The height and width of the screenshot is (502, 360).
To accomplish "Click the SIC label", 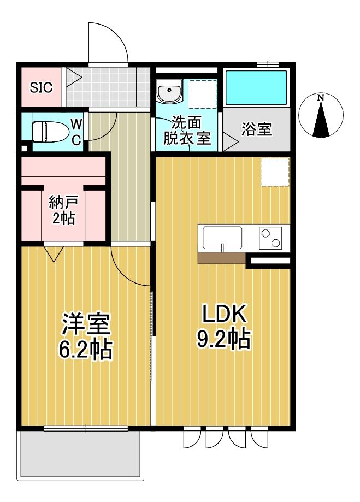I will [x=41, y=87].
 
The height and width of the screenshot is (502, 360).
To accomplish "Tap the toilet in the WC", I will [x=48, y=132].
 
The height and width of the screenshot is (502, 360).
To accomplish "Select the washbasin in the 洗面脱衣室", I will [x=168, y=92].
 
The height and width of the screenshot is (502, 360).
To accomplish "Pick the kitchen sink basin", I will [x=223, y=238].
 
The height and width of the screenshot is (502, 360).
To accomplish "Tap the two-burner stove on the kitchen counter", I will [x=270, y=238].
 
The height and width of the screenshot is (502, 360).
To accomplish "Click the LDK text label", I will [x=225, y=315].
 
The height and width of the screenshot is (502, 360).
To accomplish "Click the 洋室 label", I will [x=86, y=324].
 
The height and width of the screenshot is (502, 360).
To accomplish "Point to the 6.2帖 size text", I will [x=86, y=350].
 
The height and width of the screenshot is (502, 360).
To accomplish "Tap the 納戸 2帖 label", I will [x=64, y=210].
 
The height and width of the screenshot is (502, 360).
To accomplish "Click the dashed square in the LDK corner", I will [x=274, y=172].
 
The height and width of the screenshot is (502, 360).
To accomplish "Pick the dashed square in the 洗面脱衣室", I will [x=202, y=94].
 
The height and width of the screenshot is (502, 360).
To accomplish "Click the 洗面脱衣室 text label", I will [x=187, y=130].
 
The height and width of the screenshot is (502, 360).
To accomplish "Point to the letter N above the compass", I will [x=321, y=98].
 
